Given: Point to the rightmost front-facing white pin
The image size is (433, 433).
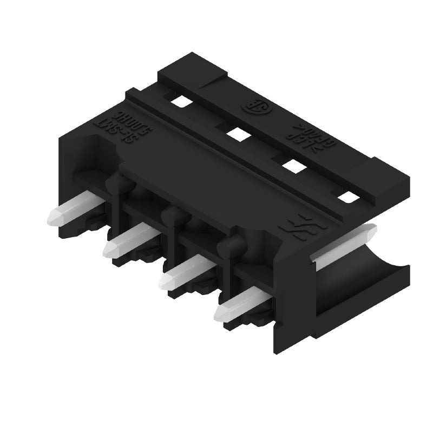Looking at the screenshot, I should click(x=237, y=305).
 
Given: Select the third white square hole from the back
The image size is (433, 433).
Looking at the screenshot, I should click(x=293, y=166).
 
